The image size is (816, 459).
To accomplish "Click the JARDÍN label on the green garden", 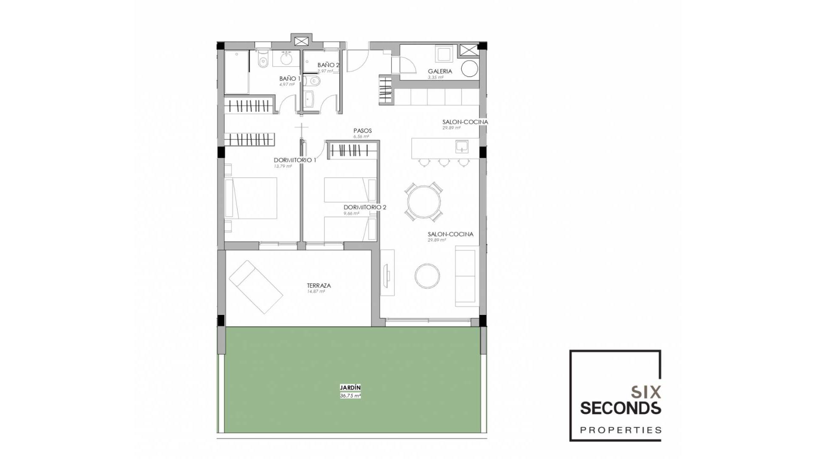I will click(350, 388).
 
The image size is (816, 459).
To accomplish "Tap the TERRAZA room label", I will click(319, 286).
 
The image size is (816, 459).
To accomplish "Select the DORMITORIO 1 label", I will click(295, 160).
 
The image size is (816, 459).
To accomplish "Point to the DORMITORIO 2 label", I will click(365, 207).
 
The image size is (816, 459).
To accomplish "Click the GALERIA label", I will click(440, 71).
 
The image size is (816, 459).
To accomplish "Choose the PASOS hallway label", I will click(363, 131).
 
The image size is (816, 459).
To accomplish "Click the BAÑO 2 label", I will click(328, 65).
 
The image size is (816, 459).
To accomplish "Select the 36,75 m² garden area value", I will click(350, 396).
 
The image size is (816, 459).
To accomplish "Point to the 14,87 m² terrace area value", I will click(316, 292).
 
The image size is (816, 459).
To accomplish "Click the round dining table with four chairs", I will click(424, 202).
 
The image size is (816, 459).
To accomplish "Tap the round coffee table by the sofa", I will click(427, 276).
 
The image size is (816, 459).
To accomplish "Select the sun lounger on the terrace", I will click(256, 287).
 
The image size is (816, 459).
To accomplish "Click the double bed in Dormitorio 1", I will click(252, 198).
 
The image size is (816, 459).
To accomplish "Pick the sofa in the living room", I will click(466, 277).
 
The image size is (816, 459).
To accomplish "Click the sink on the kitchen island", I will click(462, 147).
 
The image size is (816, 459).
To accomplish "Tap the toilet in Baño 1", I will click(263, 61).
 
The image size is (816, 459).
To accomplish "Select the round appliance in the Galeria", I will click(469, 69).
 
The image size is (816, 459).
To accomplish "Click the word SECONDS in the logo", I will click(620, 408).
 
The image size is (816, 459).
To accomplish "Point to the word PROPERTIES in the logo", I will click(621, 430).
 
